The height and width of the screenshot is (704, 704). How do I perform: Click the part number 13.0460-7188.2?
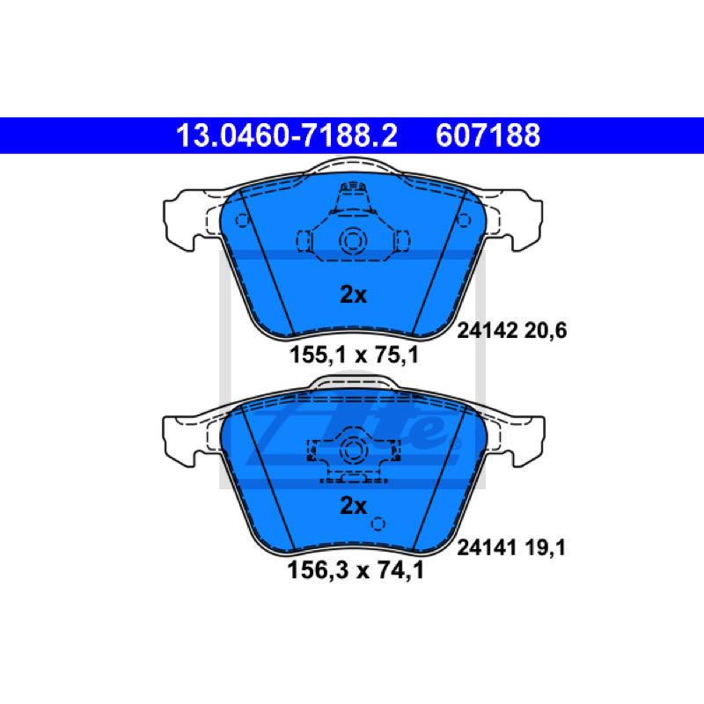coord(287,136)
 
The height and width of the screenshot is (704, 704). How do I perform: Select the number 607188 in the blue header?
coord(488,136)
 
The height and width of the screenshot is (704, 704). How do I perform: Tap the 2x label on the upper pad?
coord(354,295)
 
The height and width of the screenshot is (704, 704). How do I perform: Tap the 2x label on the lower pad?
coord(354,505)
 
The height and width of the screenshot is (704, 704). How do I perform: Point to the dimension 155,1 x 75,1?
coord(354,355)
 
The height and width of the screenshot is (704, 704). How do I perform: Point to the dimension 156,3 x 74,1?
coord(356,570)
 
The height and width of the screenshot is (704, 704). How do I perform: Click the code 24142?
coord(487,331)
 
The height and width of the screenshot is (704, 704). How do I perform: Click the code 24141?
coord(487,547)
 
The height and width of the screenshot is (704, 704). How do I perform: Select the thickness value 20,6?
coord(546,332)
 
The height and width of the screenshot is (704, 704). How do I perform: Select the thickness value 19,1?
coord(545,548)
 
